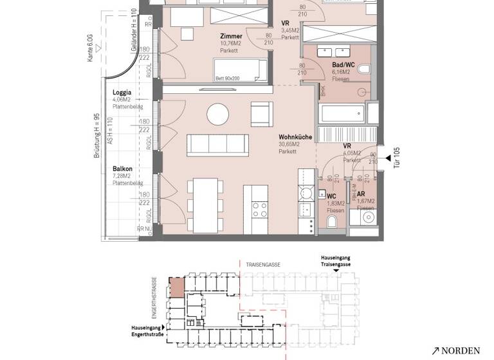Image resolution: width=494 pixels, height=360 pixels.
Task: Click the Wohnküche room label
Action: click(x=296, y=137)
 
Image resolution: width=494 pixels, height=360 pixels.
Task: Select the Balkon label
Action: click(x=122, y=169)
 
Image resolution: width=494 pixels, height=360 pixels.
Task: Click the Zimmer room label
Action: click(x=231, y=37)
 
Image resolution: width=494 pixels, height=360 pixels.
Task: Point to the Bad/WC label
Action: click(x=342, y=65)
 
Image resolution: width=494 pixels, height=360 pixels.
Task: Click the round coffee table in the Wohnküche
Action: click(x=217, y=116)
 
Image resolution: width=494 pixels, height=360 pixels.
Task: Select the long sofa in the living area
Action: click(x=217, y=145)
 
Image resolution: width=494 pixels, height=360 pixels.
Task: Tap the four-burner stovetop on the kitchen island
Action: click(x=259, y=209)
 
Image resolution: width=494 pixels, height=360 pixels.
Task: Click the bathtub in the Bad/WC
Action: click(x=341, y=114)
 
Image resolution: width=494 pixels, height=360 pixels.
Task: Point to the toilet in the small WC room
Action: click(x=332, y=222)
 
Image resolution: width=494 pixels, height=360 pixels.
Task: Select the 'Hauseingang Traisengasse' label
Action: click(x=336, y=260)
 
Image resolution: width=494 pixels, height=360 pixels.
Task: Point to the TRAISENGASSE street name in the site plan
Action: click(x=262, y=264)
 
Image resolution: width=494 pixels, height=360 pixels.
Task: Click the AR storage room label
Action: click(x=361, y=194)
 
